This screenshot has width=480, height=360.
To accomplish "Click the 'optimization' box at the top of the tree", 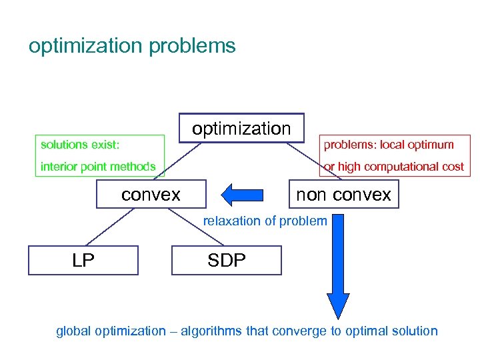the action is pos(241,128).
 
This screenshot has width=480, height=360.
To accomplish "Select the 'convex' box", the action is pos(151,195).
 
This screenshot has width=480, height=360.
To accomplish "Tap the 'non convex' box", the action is pos(343,195).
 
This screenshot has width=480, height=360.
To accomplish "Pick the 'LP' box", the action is pos(83,260).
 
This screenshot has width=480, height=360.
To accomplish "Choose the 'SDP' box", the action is pos(227,260).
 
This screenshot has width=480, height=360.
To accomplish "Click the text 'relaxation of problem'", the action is pos(265,221).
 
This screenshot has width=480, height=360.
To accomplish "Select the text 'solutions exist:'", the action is pos(79,145).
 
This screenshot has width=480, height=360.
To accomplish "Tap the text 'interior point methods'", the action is pos(98,167).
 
